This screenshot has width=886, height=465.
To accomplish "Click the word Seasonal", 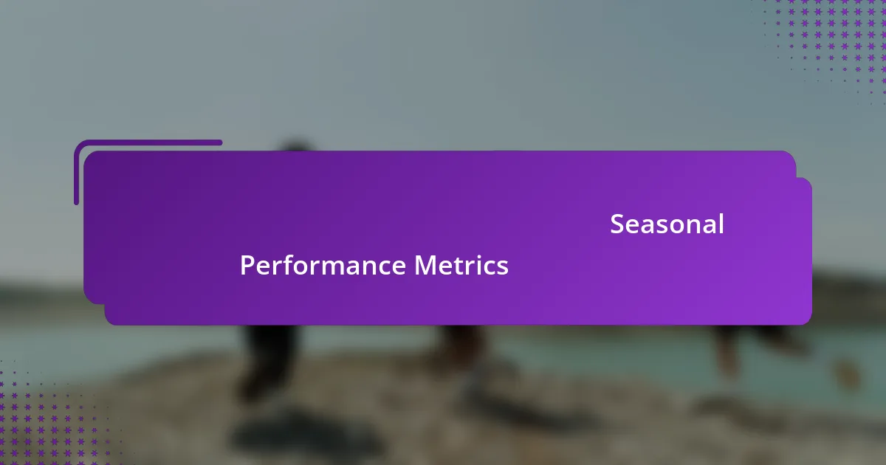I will coord(667,224).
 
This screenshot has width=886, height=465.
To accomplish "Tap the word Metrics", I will coord(461,265).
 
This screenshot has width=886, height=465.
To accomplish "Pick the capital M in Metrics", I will coord(425,265).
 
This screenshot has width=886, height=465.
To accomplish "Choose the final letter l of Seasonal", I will coord(721,223).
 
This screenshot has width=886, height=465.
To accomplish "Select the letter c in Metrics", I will coord(490,266).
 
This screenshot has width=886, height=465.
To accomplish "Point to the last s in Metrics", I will coord(503,266).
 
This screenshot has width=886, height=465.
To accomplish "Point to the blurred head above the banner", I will coord(295,147).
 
